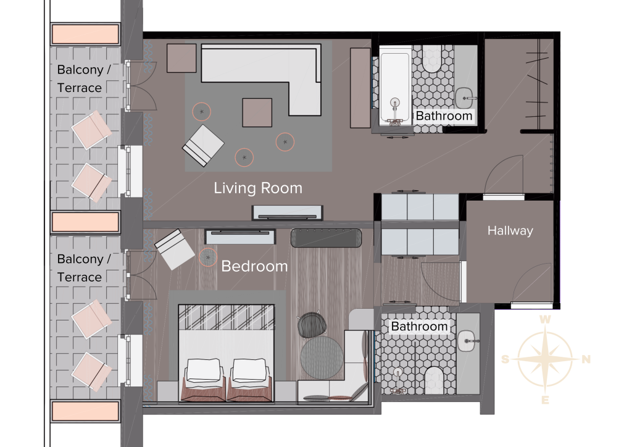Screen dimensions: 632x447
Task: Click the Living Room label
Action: click(258, 188)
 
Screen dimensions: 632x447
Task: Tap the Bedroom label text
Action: click(254, 266)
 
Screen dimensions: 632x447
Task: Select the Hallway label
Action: click(510, 231)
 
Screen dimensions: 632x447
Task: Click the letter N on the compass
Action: click(586, 359)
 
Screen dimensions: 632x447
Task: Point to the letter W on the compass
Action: click(545, 320)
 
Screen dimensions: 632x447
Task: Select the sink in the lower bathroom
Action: click(467, 341)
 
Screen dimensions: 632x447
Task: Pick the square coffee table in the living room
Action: click(257, 112)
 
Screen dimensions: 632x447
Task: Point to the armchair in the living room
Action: click(203, 146)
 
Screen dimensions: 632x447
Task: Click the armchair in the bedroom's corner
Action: click(175, 249)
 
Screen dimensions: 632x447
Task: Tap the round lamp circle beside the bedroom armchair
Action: click(208, 257)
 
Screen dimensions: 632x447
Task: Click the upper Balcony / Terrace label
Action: click(84, 78)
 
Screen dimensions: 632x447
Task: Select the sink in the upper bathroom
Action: click(465, 98)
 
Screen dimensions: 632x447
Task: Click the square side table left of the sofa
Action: click(181, 58)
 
